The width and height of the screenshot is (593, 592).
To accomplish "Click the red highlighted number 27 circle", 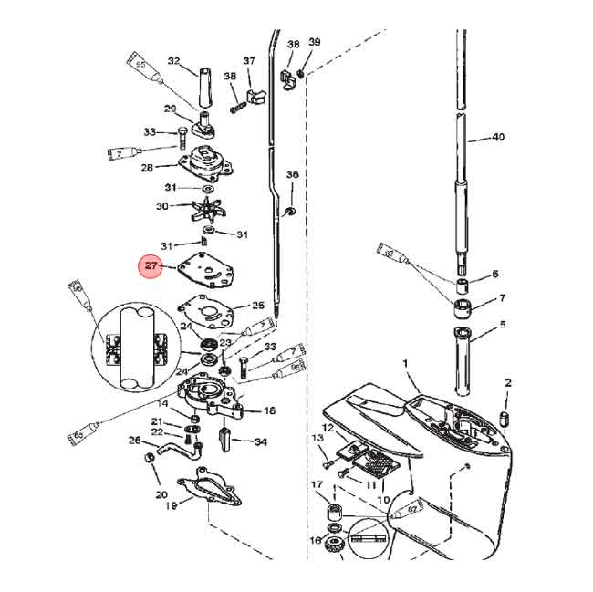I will point(150,266).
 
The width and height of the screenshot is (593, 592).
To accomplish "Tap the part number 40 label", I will point(497,138).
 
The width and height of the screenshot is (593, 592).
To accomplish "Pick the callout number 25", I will point(258,305).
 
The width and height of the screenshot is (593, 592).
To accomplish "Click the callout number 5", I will point(502,325).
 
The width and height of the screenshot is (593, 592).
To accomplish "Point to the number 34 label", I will point(261,442).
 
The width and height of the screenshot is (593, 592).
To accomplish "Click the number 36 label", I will point(292,174).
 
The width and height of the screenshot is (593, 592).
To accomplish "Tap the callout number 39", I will point(314,42).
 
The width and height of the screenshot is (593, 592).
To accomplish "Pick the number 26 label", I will point(135,441).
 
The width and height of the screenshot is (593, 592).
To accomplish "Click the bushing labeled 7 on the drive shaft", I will point(463,306).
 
